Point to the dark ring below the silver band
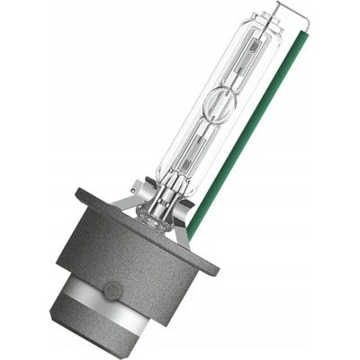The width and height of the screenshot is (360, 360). point(135,340)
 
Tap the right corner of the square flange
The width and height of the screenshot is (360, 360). point(217,267)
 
